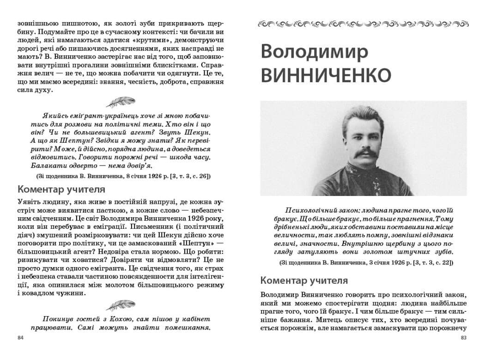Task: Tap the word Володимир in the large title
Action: pos(314,52)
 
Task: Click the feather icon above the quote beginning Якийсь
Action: pos(121,101)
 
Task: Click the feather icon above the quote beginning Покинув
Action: pos(121,305)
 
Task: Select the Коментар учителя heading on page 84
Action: pos(61,189)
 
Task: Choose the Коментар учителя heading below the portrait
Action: pos(304,281)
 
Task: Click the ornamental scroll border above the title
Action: pos(362,23)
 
